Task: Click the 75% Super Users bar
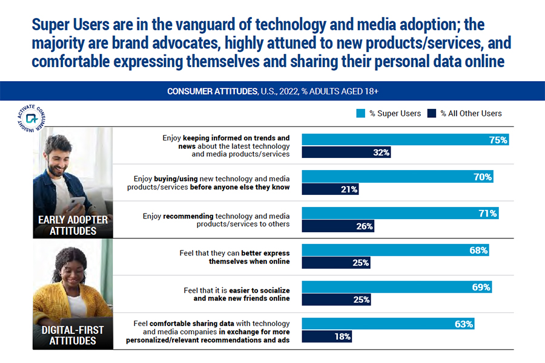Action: point(405,139)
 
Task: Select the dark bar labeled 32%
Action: point(346,152)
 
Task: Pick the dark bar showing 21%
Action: point(330,189)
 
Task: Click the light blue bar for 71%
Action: point(400,213)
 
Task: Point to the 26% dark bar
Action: point(337,226)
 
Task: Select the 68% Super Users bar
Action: point(395,250)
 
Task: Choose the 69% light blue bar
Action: point(397,287)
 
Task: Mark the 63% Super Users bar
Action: point(388,324)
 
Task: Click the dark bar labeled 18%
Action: point(326,337)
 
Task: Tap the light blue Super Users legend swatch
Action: point(360,113)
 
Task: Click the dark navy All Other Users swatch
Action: point(432,113)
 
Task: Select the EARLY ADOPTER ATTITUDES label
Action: point(73,225)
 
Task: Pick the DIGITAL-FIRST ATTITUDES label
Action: point(73,335)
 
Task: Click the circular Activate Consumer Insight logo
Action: point(31,117)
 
